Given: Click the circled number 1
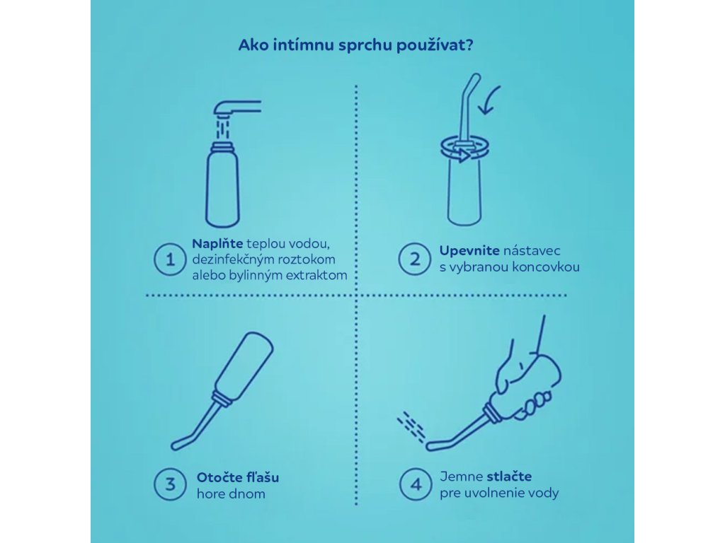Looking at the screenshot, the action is [x=170, y=259].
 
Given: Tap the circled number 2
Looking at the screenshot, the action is [x=414, y=259].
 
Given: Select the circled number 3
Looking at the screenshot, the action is [x=170, y=484].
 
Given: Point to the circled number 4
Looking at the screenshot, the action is [x=416, y=484].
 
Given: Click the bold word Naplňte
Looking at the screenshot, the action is [x=217, y=244].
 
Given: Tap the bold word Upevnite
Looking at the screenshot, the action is [x=469, y=251].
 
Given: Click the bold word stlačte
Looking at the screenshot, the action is [x=509, y=477].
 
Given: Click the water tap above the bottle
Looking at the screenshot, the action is [x=237, y=108].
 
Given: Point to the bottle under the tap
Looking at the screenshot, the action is [x=222, y=185].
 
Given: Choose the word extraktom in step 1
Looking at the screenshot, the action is [x=316, y=276].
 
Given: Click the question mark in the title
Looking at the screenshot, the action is [x=469, y=45].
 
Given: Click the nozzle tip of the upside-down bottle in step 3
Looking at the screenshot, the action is [x=176, y=446].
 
